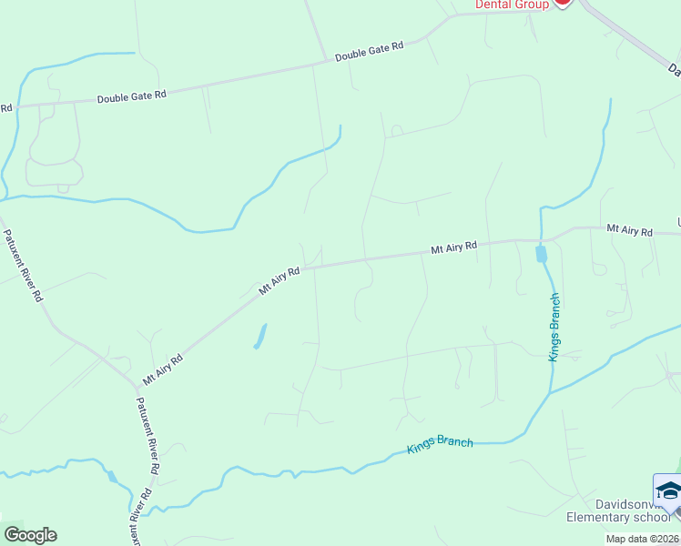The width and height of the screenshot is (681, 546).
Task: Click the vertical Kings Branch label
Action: point(554,328)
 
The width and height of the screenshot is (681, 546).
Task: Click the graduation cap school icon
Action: point(668,491)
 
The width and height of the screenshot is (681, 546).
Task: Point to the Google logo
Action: point(30,535)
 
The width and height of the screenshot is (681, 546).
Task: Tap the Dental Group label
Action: point(513,5)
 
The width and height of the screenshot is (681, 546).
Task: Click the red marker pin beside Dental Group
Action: point(562,3)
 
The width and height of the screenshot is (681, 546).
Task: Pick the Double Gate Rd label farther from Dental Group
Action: point(132,95)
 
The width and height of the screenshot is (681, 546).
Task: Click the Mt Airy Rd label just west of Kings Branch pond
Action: point(453,248)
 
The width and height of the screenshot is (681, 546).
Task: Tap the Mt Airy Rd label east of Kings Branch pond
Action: point(630,231)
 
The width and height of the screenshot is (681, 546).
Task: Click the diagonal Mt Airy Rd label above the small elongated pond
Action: point(280,281)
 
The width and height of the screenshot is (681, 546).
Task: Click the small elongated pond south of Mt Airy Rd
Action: point(259,337)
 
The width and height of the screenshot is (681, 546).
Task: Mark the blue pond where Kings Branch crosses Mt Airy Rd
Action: point(542,253)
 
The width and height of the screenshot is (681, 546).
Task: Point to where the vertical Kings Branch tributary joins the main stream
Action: point(550,394)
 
